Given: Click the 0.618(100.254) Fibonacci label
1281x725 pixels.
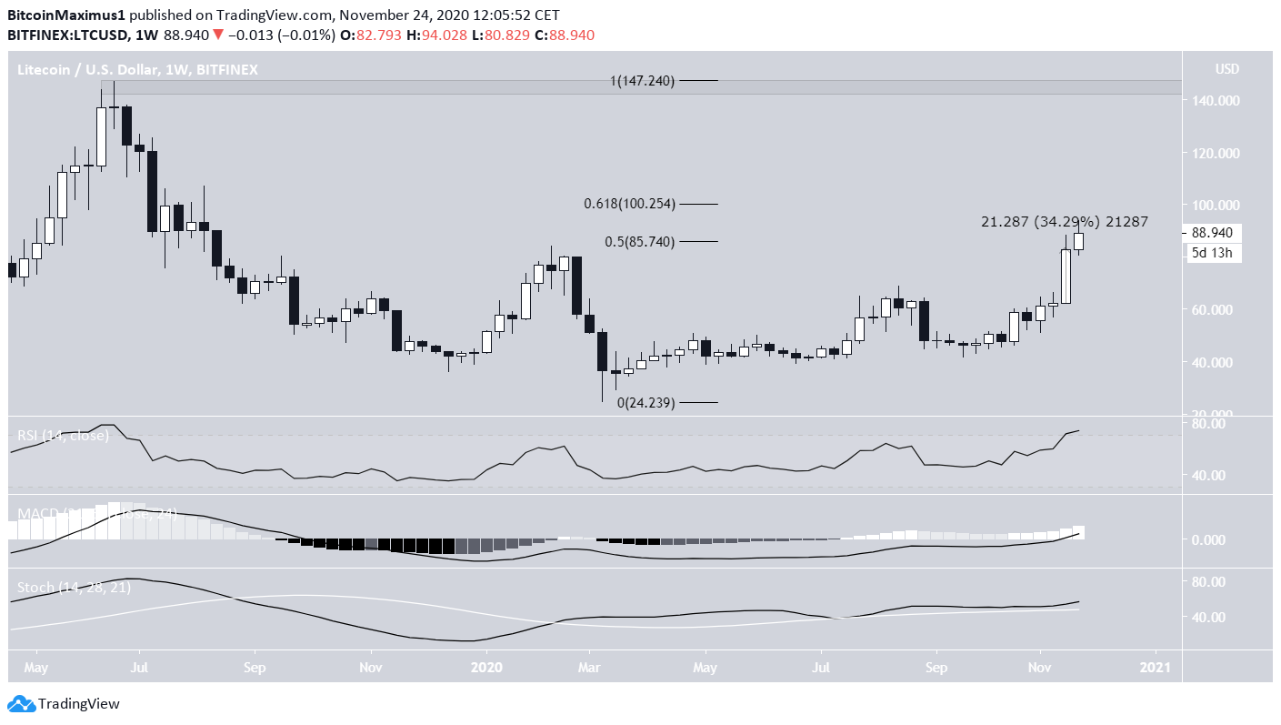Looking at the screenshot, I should (x=629, y=204).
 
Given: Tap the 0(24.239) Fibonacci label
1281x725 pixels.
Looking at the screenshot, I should (x=646, y=403).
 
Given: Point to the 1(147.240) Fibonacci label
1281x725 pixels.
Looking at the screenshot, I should (x=642, y=81).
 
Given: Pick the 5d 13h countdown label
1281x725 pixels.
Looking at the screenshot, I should (x=1212, y=253).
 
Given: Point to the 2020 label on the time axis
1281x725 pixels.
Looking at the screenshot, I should (x=486, y=666).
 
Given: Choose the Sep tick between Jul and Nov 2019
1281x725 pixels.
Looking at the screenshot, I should (x=255, y=666).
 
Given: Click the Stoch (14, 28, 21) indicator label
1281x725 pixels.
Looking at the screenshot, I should (x=74, y=588).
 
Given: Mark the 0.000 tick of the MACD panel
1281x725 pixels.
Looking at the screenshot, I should (x=1216, y=539).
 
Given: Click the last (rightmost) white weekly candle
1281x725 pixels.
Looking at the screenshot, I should (x=1079, y=241).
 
